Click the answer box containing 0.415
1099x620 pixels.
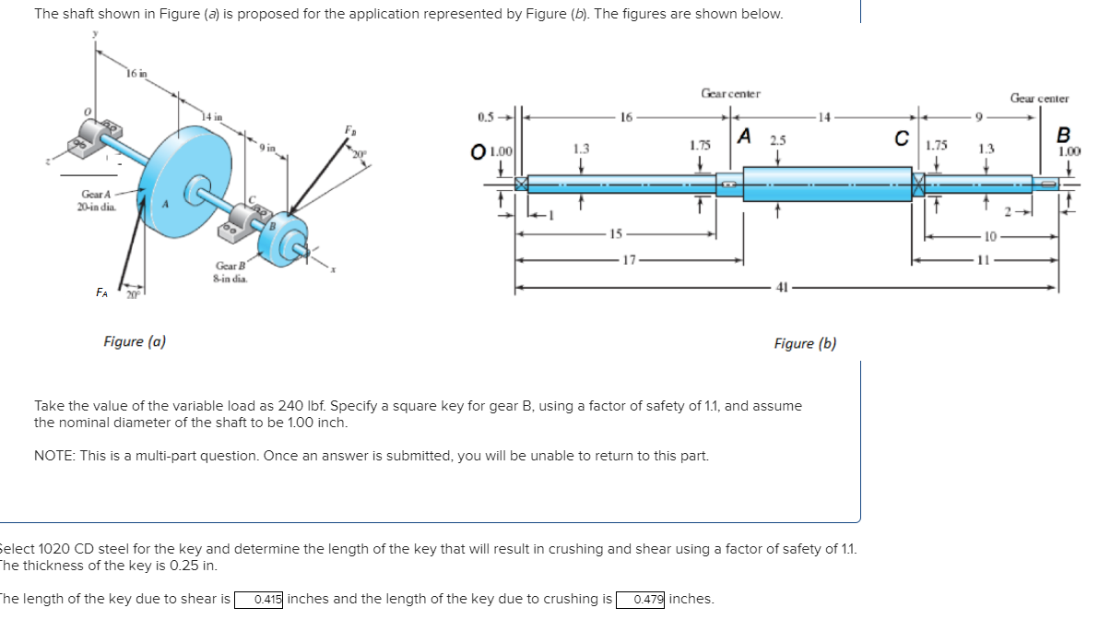(x=267, y=600)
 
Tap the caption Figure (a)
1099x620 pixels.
(x=135, y=341)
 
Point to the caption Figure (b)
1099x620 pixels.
(x=805, y=343)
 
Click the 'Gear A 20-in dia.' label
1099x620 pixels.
(x=97, y=200)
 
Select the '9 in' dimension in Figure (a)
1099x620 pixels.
(x=266, y=147)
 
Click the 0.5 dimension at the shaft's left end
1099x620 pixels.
(x=486, y=117)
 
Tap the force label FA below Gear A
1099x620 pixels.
(x=102, y=292)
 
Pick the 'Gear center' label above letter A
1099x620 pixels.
(x=730, y=93)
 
